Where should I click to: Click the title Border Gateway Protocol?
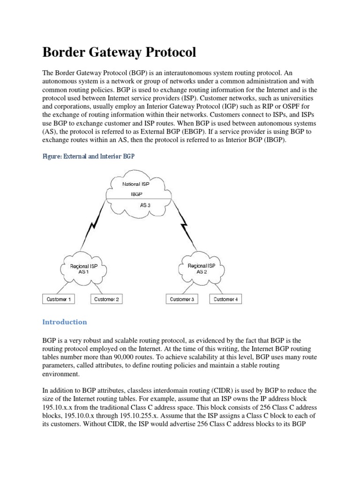[119, 52]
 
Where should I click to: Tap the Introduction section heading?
[65, 322]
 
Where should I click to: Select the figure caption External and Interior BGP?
[88, 156]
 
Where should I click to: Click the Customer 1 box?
[58, 299]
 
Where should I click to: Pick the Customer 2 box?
[106, 299]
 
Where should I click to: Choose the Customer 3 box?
[181, 299]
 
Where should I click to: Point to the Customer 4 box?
[226, 299]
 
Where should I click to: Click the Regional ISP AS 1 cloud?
[85, 269]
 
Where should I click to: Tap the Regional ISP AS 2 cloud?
[202, 269]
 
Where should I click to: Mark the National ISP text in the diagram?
[139, 184]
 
